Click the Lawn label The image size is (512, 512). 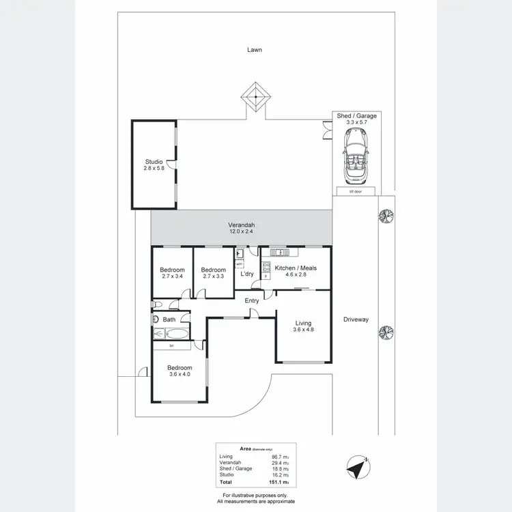click(x=255, y=49)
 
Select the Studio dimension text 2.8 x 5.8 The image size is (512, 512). click(x=153, y=167)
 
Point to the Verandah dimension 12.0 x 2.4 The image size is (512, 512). click(x=241, y=232)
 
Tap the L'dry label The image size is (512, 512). click(x=247, y=274)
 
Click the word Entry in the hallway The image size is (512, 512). click(x=252, y=300)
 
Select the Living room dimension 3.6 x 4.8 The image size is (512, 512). click(x=303, y=330)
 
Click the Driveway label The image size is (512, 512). click(x=356, y=319)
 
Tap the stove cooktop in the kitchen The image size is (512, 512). click(x=267, y=268)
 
